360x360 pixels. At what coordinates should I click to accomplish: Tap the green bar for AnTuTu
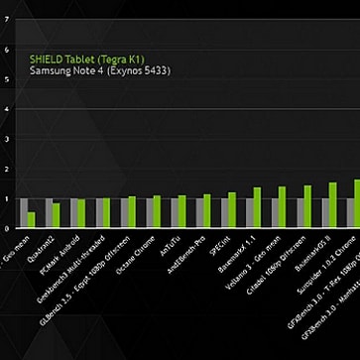[181, 211]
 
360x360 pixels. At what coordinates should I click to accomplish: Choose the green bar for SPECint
[232, 210]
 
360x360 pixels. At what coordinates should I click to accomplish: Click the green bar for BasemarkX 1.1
[257, 207]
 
